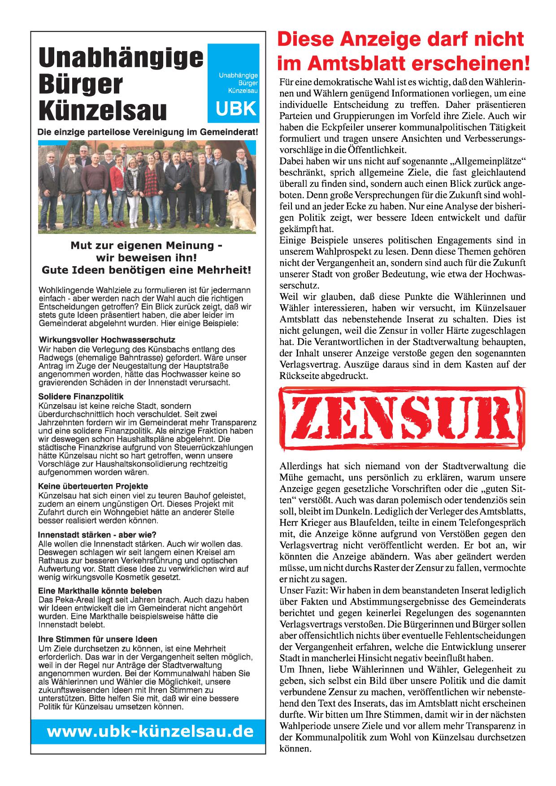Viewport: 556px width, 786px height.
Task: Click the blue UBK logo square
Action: [x=234, y=83]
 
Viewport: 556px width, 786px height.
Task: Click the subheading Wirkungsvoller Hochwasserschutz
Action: [x=107, y=339]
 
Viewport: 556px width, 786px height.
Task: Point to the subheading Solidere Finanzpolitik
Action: [x=81, y=397]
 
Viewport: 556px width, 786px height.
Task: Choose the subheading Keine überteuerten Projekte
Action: [x=93, y=486]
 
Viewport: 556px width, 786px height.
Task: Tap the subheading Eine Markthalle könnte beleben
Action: [x=100, y=591]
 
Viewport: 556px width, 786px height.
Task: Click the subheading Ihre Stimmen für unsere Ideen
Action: [x=98, y=639]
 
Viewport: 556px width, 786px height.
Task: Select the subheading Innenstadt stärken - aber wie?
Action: [x=97, y=535]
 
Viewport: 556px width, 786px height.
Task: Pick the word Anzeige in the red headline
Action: [x=381, y=39]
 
